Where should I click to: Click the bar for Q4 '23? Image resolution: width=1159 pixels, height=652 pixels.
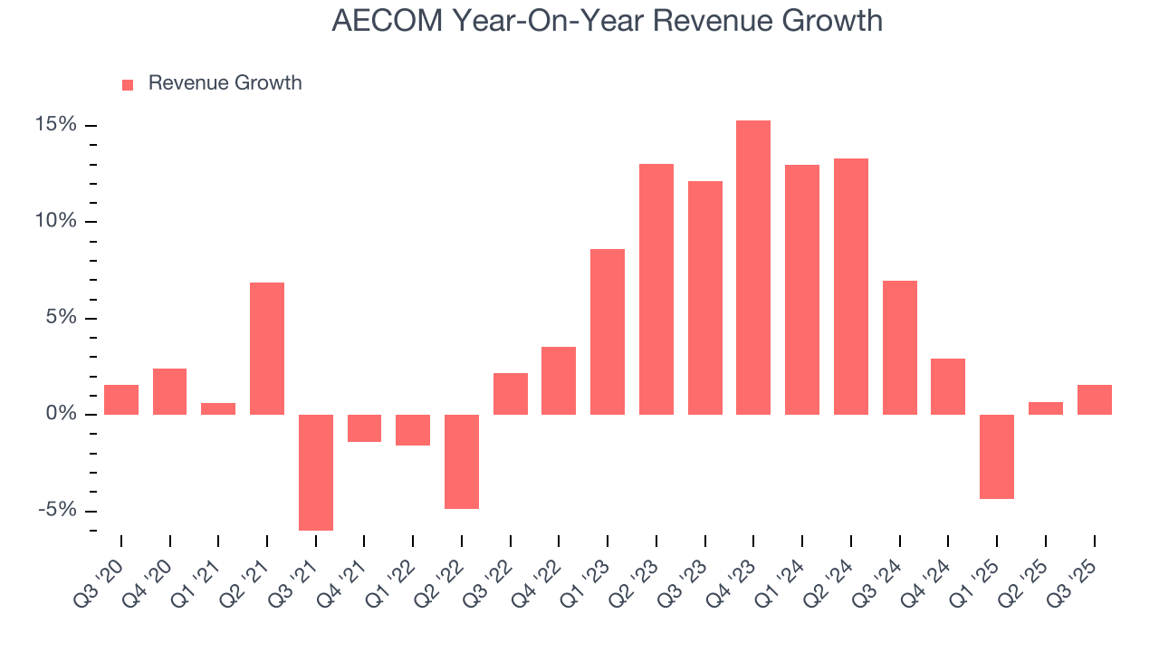coord(753,267)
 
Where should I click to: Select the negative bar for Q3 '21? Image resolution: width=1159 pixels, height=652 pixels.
coord(316,472)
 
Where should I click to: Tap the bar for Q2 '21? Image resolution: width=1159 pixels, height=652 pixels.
coord(267,349)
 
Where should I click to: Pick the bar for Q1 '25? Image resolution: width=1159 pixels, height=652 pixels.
coord(997,456)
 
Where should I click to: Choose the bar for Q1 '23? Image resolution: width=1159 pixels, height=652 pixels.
coord(608,331)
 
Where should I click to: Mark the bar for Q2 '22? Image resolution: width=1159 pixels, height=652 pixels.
coord(462,461)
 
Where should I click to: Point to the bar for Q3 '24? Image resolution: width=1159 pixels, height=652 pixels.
coord(899,348)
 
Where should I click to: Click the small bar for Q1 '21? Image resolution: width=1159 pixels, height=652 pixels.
coord(218,408)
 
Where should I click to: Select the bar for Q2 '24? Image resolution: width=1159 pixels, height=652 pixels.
coord(851,286)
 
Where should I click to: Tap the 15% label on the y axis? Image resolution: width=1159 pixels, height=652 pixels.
coord(57,125)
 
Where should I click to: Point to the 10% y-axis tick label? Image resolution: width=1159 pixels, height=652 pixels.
coord(57,222)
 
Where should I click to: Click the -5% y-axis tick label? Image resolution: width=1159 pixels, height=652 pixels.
coord(57,511)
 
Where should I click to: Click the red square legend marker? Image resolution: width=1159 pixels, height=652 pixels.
coord(128,84)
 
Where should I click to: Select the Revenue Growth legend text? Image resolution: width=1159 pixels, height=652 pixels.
coord(225,83)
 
